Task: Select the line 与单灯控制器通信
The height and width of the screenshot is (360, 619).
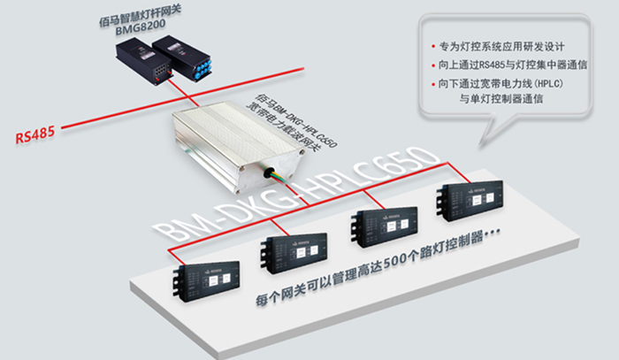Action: [x=501, y=99]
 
